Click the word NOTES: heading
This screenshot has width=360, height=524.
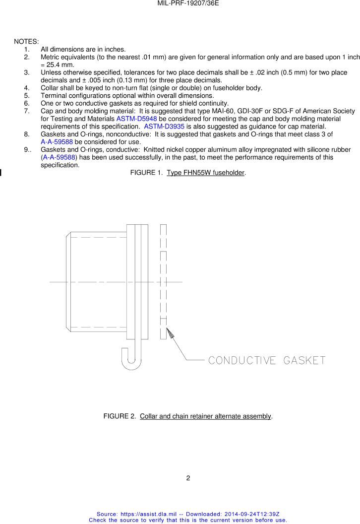(26, 41)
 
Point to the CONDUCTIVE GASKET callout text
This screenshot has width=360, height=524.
(267, 360)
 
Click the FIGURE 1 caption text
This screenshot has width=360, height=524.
(188, 173)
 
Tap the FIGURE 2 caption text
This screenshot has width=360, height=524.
(188, 416)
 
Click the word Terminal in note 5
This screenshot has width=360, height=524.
(55, 96)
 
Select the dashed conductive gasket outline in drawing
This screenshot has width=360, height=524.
(163, 281)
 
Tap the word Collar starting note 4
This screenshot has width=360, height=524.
(50, 88)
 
